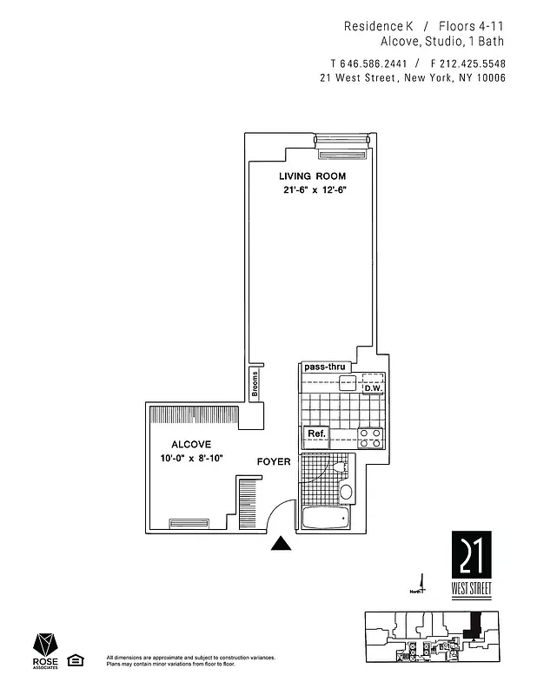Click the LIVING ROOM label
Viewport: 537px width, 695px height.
306,176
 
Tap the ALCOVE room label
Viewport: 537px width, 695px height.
190,443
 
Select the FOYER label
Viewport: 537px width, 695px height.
273,461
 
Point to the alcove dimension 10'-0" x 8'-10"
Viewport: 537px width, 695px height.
190,458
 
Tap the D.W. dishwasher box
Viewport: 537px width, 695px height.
374,387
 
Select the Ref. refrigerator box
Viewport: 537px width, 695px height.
315,434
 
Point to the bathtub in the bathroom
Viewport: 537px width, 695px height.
325,520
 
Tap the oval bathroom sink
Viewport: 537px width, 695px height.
347,492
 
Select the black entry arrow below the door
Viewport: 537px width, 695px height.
281,545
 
